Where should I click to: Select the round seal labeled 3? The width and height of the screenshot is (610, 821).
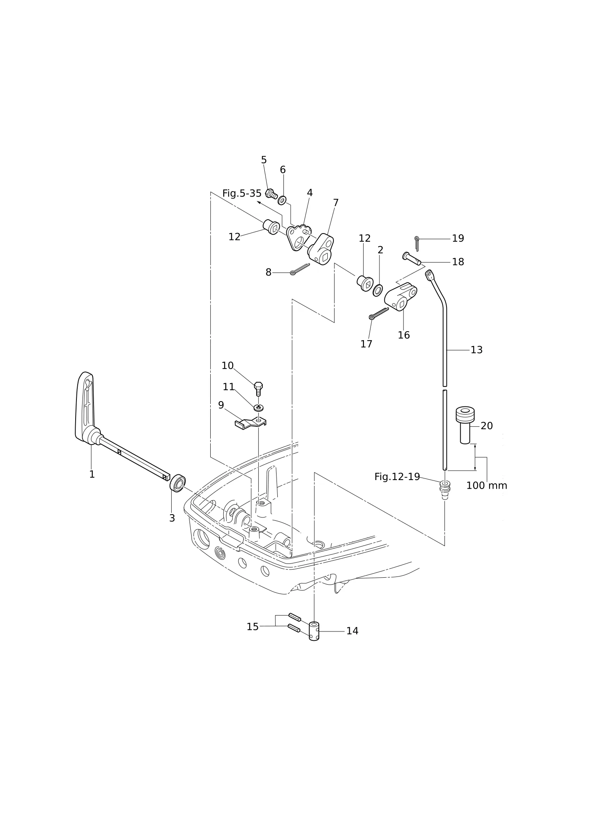pyautogui.click(x=177, y=483)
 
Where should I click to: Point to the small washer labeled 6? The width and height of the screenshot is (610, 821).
pyautogui.click(x=282, y=200)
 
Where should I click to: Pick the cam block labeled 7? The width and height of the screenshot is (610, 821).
pyautogui.click(x=321, y=249)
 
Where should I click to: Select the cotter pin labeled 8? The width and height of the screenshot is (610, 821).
pyautogui.click(x=300, y=269)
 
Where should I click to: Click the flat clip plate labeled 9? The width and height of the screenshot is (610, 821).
pyautogui.click(x=251, y=424)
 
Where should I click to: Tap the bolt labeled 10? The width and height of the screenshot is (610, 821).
pyautogui.click(x=258, y=389)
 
